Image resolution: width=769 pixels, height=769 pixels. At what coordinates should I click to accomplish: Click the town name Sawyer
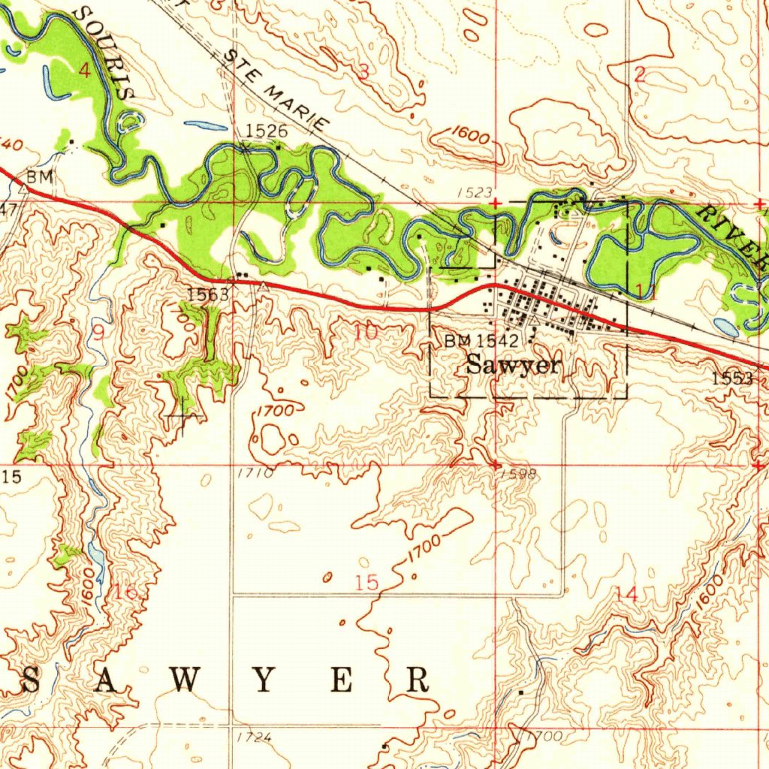(513, 366)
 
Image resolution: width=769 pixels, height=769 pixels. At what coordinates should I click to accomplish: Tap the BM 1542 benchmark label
(481, 341)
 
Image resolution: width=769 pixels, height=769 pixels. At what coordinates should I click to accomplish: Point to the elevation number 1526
(266, 131)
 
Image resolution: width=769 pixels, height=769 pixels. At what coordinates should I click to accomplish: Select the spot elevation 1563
(208, 294)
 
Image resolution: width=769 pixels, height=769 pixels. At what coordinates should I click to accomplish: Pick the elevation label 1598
(517, 474)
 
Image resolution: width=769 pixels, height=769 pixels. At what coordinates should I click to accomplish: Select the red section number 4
(84, 71)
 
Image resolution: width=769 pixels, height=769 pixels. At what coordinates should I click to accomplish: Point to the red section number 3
(364, 73)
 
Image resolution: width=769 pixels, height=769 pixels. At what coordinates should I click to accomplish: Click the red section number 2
(640, 74)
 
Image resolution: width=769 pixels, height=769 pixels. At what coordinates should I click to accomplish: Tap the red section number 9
(98, 331)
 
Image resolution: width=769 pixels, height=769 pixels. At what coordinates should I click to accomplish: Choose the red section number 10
(366, 331)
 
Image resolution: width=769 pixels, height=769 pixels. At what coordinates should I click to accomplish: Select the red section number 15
(367, 582)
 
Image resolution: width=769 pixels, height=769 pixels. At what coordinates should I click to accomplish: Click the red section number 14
(626, 593)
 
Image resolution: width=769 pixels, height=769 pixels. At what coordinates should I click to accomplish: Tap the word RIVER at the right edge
(733, 234)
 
